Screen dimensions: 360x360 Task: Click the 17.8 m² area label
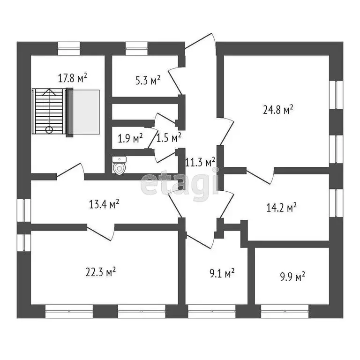coord(73,78)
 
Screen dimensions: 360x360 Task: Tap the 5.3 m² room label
coord(148,80)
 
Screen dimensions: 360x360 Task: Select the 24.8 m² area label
coord(278,110)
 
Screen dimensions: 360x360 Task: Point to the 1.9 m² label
coord(130,139)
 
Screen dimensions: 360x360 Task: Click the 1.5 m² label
coord(169,138)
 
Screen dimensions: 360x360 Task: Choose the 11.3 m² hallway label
coord(201,162)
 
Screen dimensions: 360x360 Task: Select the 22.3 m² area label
coord(101,271)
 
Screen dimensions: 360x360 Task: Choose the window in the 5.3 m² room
coord(136,46)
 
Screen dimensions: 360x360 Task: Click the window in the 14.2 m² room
coord(336,203)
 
